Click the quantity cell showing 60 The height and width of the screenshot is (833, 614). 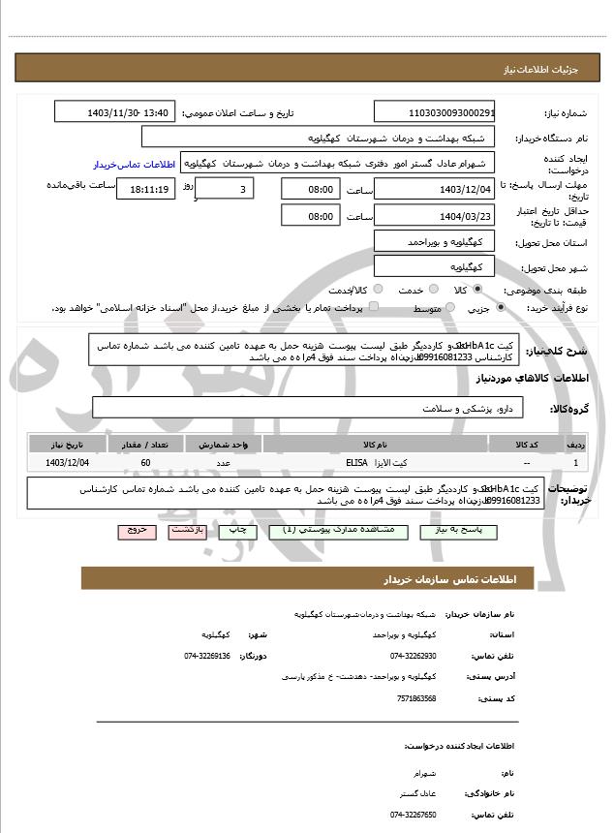pos(145,463)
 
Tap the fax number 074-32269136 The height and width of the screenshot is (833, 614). pos(207,656)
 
